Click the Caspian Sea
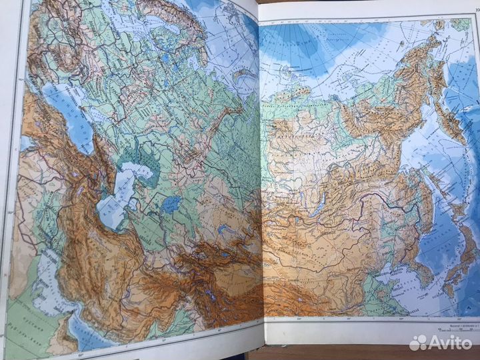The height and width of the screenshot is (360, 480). click(x=115, y=197)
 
